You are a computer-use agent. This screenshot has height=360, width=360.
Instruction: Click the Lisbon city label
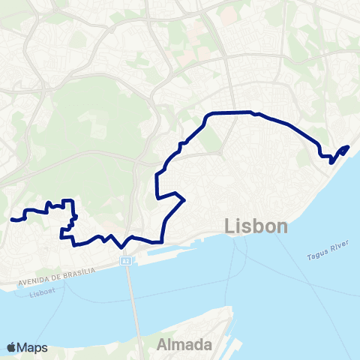256,226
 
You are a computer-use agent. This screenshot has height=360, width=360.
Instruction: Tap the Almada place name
184,344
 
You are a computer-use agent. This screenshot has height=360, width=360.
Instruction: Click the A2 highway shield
126,261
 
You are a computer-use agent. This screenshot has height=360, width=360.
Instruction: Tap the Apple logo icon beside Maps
11,347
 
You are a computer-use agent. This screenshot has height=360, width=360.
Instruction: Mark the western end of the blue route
13,220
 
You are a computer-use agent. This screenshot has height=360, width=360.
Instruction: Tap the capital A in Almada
163,344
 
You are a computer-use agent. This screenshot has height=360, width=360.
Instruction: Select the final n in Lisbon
282,227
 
